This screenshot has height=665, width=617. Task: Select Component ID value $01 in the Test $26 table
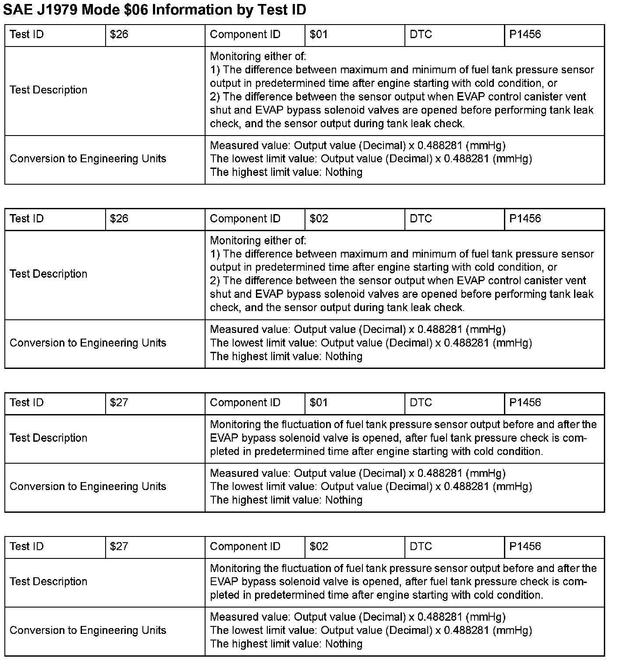(319, 35)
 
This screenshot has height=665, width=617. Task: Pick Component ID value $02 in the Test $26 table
(319, 219)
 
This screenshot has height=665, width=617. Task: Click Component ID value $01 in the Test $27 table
(319, 403)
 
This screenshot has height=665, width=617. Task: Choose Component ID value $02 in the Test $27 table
(319, 547)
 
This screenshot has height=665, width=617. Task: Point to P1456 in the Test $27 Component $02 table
(525, 547)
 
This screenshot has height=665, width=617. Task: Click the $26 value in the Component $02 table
(119, 219)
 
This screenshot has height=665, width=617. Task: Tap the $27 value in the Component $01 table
(119, 403)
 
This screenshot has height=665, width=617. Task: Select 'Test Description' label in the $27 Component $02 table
(49, 582)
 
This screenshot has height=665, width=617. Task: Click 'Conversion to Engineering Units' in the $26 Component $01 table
(88, 159)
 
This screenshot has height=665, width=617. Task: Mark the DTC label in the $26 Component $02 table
(421, 219)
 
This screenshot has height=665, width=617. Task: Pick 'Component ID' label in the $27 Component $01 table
(245, 403)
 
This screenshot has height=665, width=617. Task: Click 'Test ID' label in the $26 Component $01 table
(27, 35)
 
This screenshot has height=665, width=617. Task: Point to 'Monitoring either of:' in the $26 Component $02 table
(258, 240)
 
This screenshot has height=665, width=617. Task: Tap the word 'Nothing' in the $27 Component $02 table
(344, 644)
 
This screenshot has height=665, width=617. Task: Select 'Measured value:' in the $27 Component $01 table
(250, 473)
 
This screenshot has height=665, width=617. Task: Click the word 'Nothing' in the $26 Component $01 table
(344, 172)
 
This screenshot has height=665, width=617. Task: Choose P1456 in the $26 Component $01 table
(525, 35)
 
